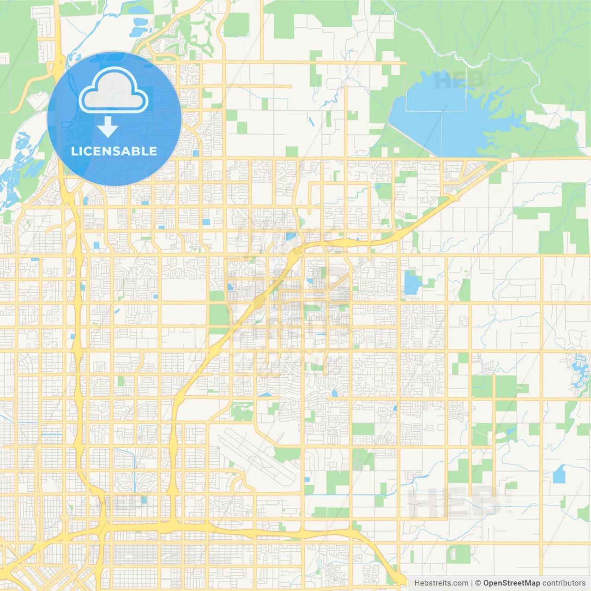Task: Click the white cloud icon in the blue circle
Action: click(x=114, y=90)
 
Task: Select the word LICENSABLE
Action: click(x=114, y=151)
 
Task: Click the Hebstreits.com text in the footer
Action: click(x=441, y=583)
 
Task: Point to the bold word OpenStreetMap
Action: click(x=511, y=583)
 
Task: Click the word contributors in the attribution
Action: click(x=563, y=583)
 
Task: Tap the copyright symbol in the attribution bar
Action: click(x=478, y=583)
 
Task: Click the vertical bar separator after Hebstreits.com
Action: click(x=472, y=583)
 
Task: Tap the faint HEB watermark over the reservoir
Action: click(x=459, y=81)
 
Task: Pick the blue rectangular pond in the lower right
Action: click(x=559, y=474)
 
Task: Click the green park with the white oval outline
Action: click(x=459, y=553)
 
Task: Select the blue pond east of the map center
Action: click(x=410, y=283)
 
